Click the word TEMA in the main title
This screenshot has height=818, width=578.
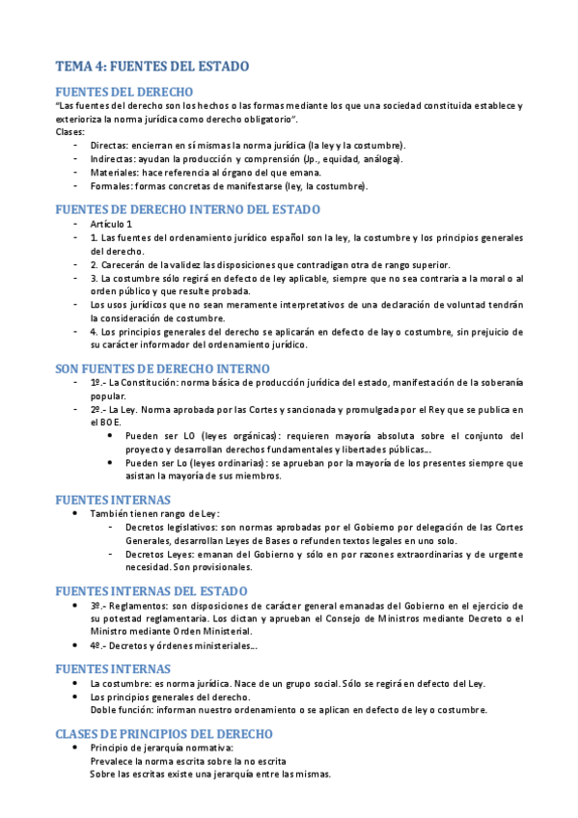point(71,67)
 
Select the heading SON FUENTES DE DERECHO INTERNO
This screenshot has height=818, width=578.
point(162,368)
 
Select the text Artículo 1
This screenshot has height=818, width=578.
point(112,224)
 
